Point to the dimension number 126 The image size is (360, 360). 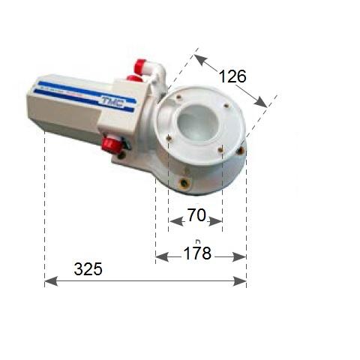232,75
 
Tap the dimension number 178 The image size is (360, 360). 198,254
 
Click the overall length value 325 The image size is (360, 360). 88,268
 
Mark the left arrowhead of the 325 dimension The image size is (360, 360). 49,280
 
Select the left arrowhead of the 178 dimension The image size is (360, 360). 160,256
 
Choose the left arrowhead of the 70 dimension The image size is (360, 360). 172,220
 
